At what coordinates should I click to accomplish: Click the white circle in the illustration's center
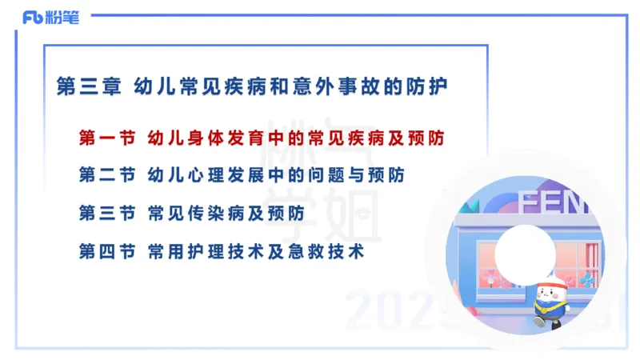524,254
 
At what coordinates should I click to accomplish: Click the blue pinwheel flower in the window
586,279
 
